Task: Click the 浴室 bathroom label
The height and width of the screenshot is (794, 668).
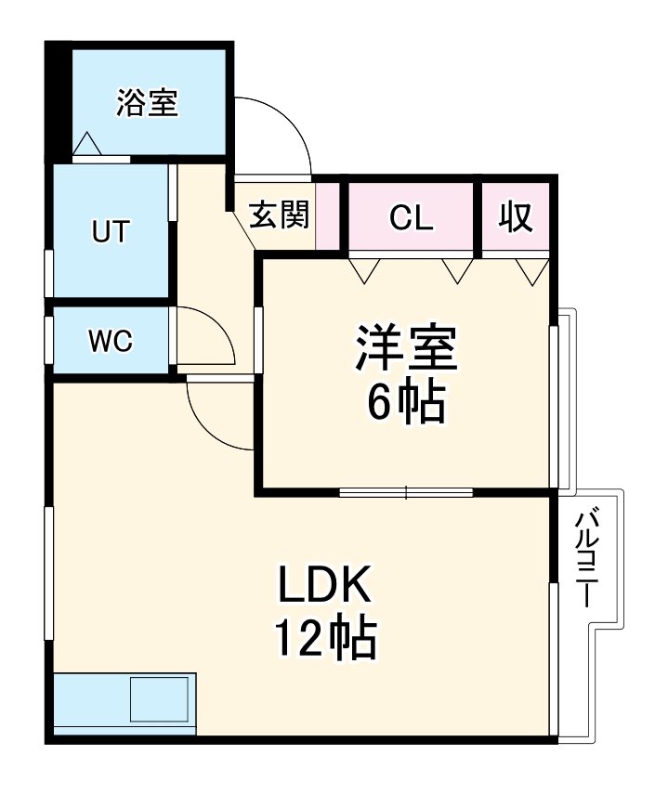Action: [x=147, y=103]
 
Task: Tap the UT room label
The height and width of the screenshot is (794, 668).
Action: [x=111, y=230]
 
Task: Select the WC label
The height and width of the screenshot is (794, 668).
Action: [x=111, y=341]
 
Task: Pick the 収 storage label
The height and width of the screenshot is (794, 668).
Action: [x=516, y=217]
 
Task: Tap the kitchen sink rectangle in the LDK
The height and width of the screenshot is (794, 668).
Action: [x=161, y=699]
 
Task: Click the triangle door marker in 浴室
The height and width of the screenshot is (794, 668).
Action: [x=86, y=145]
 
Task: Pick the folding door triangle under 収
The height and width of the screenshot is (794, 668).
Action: [x=532, y=271]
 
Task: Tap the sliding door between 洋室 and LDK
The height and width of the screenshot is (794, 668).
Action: [x=406, y=491]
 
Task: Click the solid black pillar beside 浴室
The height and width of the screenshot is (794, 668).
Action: [x=58, y=102]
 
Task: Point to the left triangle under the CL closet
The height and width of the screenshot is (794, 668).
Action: [x=364, y=270]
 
